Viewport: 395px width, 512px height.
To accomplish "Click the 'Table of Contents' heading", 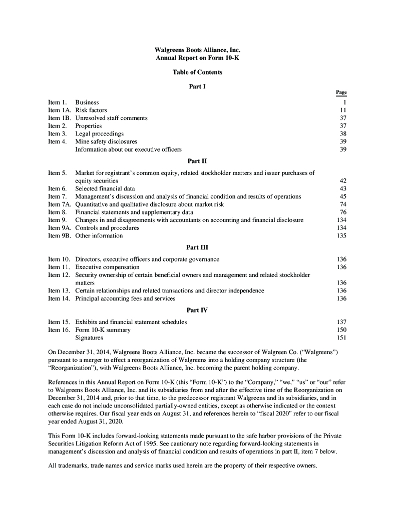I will pos(197,72).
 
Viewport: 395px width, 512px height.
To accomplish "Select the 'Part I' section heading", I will pos(197,86).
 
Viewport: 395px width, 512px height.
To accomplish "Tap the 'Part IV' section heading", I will pos(197,310).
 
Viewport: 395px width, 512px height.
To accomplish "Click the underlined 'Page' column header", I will pos(341,92).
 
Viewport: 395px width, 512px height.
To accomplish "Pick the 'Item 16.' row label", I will pos(58,330).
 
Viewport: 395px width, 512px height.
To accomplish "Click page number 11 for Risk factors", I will pos(343,110).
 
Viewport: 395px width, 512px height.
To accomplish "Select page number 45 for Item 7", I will pos(343,196).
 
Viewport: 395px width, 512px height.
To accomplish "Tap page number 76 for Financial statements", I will pos(343,212).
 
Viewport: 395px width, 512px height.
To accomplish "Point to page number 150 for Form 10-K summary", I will pos(342,330).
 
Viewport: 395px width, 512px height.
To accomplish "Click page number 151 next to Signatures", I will pos(342,338).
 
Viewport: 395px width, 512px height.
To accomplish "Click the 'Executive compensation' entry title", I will pos(107,267).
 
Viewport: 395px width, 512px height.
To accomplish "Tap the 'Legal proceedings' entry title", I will pos(99,133).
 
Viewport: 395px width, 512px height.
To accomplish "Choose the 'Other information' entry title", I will pos(99,235).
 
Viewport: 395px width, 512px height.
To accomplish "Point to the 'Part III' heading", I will pos(197,247).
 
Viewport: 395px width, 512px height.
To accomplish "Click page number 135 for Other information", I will pos(342,235).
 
